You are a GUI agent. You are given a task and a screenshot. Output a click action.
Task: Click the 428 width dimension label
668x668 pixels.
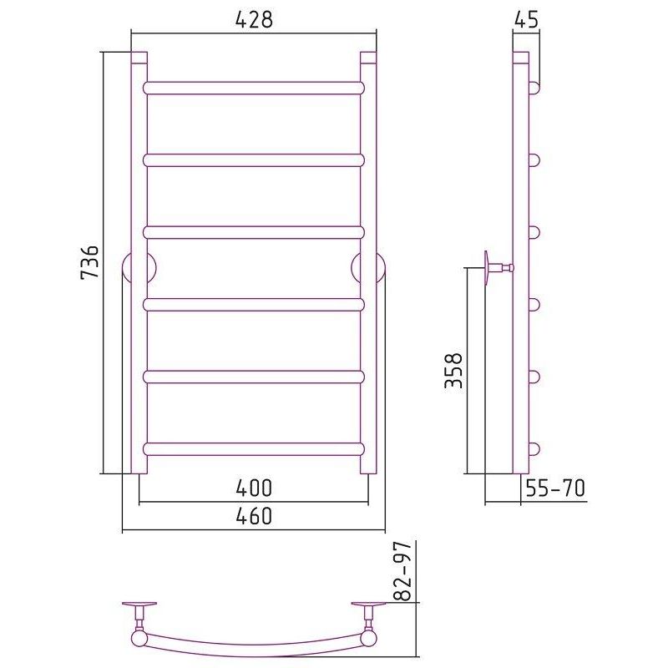[254, 19]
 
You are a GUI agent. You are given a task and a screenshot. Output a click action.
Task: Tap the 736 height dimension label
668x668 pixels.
[90, 261]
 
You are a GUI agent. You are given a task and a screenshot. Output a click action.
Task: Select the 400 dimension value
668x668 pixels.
[254, 488]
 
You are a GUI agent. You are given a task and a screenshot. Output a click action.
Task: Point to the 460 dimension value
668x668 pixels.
[254, 516]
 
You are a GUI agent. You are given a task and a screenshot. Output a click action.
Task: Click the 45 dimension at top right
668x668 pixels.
[527, 19]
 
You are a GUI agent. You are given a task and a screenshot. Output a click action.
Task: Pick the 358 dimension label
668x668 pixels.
[453, 370]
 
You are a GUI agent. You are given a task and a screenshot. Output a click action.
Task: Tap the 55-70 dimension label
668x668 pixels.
[555, 488]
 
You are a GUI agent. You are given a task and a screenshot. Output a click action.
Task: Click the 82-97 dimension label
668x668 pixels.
[402, 571]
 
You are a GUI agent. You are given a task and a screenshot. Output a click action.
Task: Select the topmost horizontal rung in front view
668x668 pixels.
[254, 88]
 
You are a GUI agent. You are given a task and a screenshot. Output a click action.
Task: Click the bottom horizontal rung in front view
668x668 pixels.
[254, 449]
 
